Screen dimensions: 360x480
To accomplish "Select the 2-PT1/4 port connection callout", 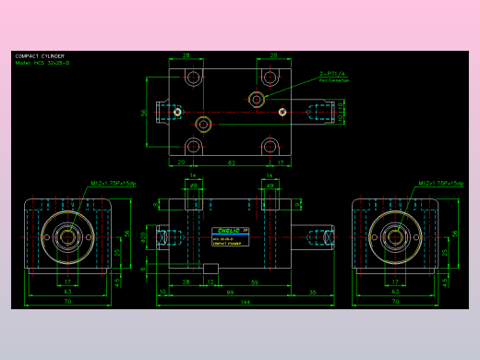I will pos(333,75).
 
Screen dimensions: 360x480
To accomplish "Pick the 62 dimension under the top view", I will pos(231,162).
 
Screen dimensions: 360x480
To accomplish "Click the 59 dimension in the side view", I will pos(254,282).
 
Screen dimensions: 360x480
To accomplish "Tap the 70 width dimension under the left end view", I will pos(67,302).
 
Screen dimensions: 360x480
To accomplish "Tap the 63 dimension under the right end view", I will pos(396,292).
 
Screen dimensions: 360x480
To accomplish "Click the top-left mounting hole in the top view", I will pos(193,78).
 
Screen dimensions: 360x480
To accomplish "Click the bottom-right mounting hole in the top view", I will pos(270,147).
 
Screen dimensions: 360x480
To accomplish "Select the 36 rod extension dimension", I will pos(311,292).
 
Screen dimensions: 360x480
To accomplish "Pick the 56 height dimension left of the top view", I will pos(144,112).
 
